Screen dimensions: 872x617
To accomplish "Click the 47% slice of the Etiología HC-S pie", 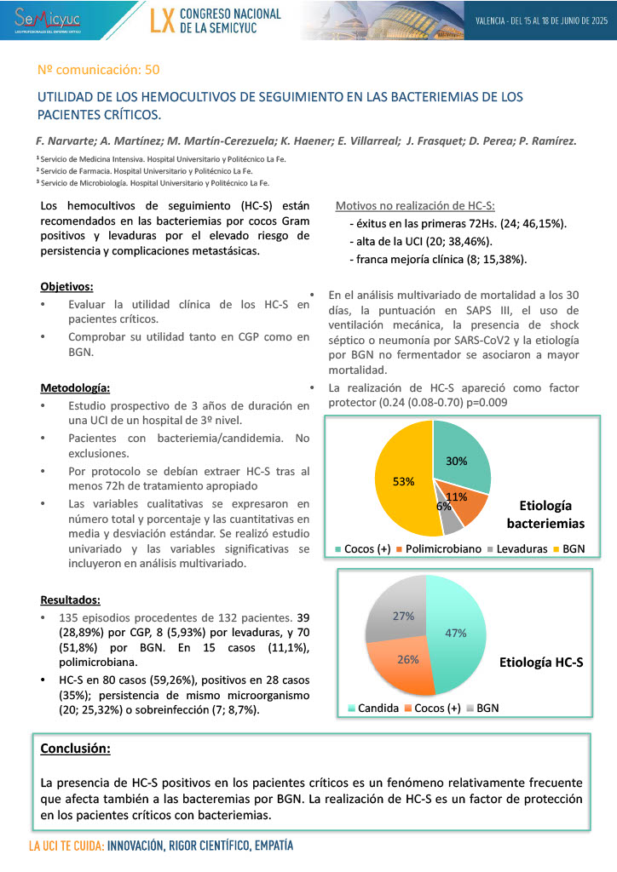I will [455, 632].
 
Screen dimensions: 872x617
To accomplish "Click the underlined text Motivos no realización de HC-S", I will [415, 206].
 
